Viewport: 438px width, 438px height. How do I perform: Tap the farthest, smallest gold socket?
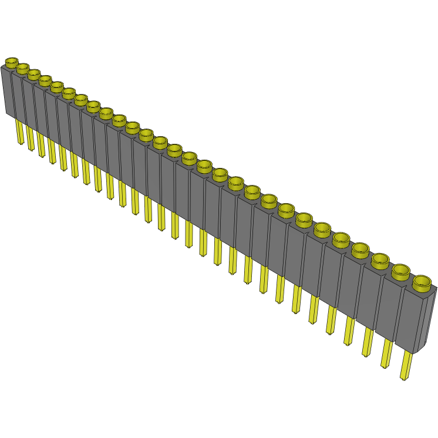[x=12, y=62]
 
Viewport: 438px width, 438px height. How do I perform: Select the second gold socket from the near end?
[x=401, y=271]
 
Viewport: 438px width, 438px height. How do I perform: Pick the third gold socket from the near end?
[x=380, y=260]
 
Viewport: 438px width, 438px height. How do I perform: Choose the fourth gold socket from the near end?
[x=360, y=250]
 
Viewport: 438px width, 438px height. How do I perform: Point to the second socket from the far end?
[x=22, y=69]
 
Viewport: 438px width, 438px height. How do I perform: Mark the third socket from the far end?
[x=34, y=75]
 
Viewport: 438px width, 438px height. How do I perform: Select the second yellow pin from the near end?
[x=387, y=352]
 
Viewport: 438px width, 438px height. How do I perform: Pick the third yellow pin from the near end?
[x=368, y=341]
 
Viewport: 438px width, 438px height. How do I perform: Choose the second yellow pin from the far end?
[x=30, y=138]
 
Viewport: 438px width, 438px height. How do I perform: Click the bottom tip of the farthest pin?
[x=21, y=143]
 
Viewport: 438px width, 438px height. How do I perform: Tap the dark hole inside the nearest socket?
[x=422, y=281]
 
